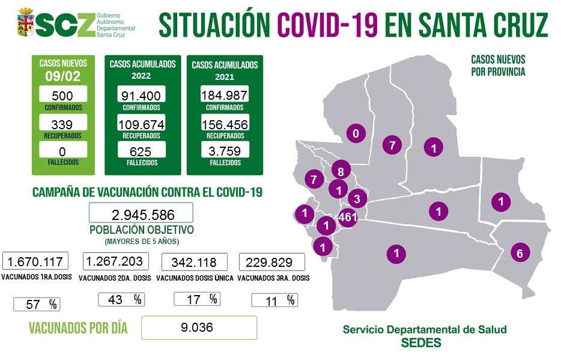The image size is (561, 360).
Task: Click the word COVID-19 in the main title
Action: (328, 25)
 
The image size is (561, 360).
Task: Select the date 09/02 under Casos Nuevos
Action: (63, 76)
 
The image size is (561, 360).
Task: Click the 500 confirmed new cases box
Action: (63, 95)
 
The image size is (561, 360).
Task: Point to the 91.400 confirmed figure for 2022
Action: (141, 95)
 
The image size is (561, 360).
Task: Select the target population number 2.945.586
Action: (141, 213)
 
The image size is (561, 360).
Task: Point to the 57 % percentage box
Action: (36, 304)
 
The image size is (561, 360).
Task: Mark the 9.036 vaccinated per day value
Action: (199, 328)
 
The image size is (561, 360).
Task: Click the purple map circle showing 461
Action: (348, 216)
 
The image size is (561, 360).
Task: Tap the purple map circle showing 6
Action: (520, 253)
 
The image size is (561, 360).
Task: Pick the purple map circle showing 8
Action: (341, 171)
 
